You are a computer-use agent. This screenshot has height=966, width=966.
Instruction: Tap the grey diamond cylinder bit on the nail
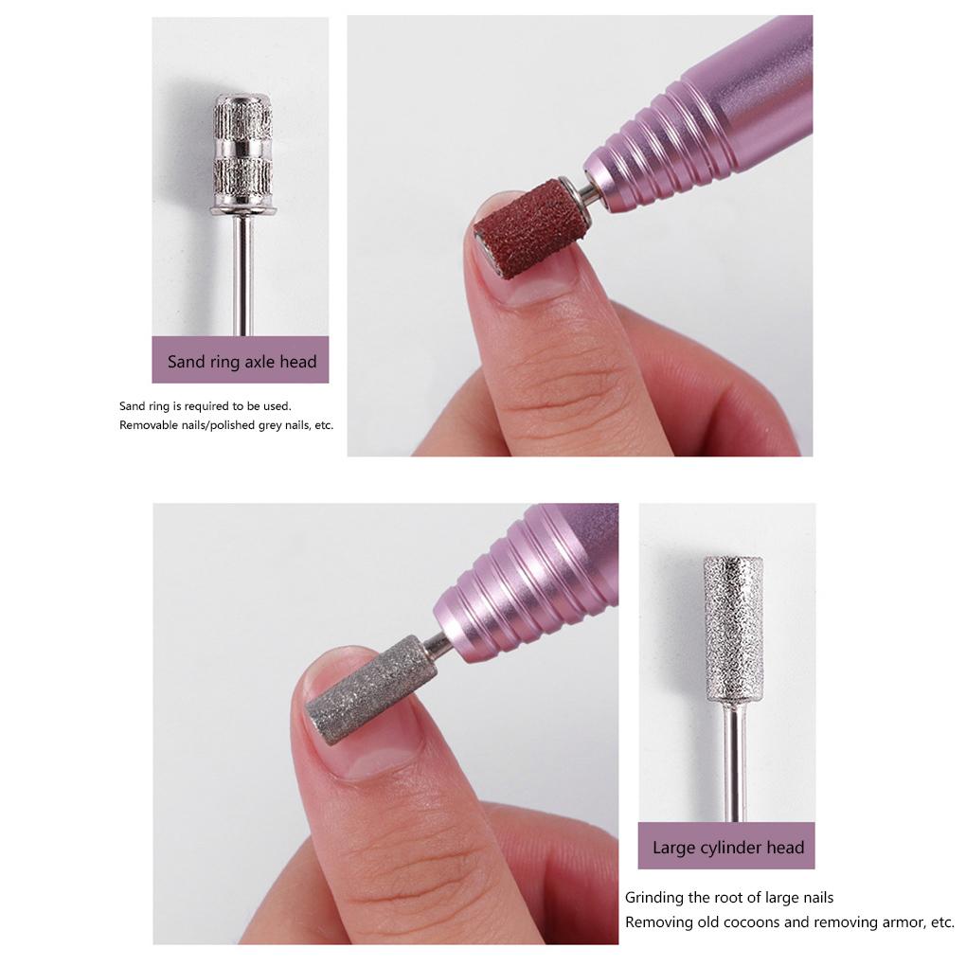(x=372, y=690)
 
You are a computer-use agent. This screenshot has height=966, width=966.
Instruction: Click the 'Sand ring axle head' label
(x=241, y=361)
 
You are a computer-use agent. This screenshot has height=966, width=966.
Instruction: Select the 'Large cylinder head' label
(x=727, y=848)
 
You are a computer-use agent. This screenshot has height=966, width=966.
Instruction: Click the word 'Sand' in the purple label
(x=187, y=361)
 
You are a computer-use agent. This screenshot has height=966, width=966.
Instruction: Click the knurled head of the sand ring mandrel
(x=242, y=152)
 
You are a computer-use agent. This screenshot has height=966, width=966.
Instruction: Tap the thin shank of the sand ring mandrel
(x=243, y=275)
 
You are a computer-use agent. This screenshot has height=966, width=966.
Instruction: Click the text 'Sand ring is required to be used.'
(x=206, y=406)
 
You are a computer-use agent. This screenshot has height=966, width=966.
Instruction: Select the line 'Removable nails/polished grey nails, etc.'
(x=226, y=425)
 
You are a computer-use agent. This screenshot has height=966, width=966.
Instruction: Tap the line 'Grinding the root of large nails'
(x=729, y=897)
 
